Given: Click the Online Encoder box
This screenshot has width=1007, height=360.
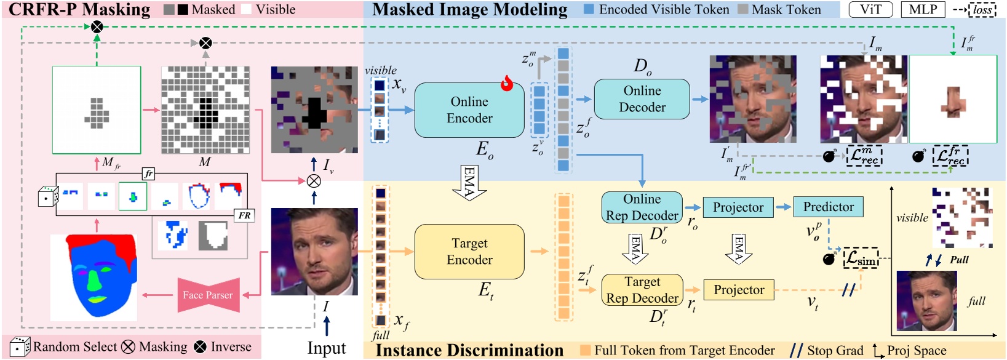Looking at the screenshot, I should point(469,110).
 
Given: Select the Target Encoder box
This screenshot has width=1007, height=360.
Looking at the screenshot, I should point(469,252).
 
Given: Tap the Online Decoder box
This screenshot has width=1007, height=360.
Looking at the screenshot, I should point(642,99).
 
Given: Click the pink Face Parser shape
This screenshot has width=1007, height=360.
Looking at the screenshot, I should point(207,295).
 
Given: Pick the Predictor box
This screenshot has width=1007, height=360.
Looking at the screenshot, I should point(828,207).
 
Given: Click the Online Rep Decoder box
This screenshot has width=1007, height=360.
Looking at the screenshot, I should point(642,207).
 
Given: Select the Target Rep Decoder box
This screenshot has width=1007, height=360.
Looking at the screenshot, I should point(642,290).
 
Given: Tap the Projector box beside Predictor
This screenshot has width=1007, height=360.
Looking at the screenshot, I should point(738,207).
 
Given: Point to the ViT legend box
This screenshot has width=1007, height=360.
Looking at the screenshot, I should point(870,9).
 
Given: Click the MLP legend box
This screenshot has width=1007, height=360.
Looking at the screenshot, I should point(923,9).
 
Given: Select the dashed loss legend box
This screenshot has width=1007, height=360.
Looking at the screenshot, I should point(982,10).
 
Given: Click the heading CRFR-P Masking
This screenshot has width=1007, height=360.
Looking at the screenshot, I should point(79,9).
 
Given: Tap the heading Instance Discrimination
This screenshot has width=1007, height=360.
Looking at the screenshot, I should point(469,350).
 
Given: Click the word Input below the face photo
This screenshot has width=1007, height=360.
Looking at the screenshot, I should point(326,348).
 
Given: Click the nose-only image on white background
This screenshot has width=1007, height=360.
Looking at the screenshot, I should point(952,100).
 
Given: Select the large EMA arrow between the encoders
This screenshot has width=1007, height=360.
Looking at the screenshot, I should point(469,182).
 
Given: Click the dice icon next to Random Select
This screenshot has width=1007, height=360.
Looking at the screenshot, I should point(20,347).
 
